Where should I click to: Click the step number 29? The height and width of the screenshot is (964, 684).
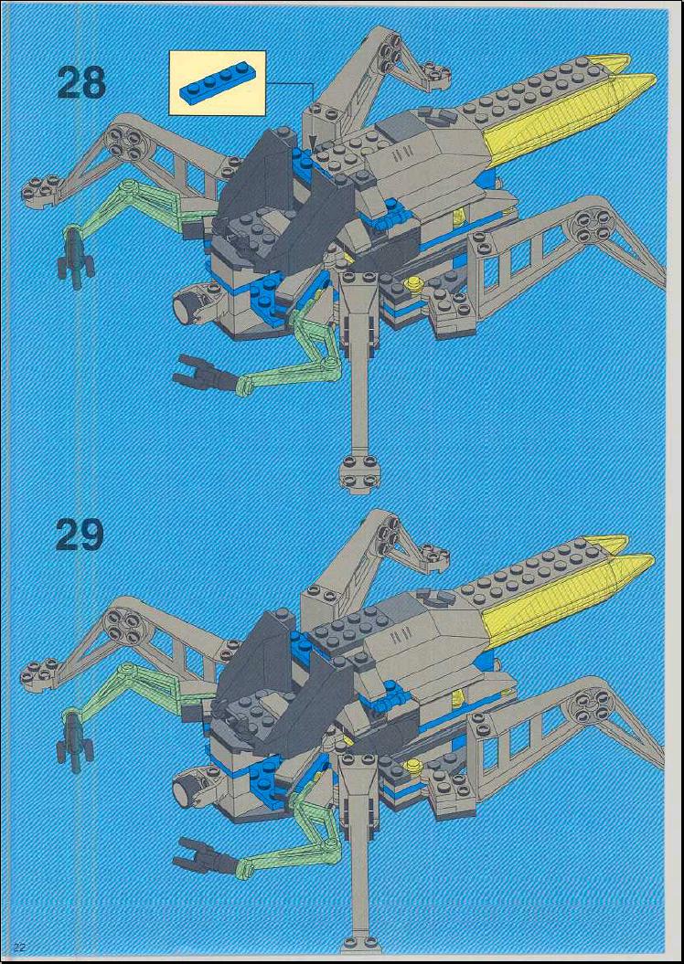pyautogui.click(x=80, y=535)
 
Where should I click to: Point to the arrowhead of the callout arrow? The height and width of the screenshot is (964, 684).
pyautogui.click(x=313, y=145)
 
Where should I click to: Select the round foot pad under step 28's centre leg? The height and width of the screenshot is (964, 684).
pyautogui.click(x=359, y=472)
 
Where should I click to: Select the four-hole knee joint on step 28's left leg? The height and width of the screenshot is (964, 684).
pyautogui.click(x=123, y=140)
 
